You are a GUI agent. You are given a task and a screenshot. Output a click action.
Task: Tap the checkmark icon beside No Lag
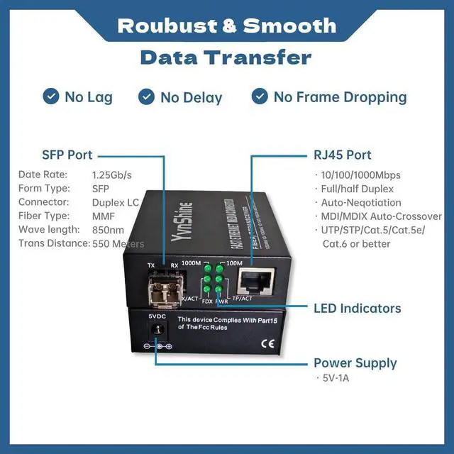pos(51,96)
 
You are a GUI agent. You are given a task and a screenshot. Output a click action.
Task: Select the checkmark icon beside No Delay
pos(147,96)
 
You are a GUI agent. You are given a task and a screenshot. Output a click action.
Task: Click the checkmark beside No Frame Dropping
pos(260,96)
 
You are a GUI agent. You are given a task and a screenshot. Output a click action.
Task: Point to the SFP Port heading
pos(67,155)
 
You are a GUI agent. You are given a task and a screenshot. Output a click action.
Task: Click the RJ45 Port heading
pos(343,155)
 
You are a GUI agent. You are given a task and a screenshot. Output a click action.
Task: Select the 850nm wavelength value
pos(109,230)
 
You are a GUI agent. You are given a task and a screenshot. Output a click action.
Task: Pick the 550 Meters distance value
pos(118,244)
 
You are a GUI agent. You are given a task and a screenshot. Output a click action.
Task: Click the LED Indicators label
pos(358,309)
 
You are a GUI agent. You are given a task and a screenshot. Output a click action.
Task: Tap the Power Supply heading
pos(355,363)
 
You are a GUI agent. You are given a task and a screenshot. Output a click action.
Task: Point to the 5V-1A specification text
pos(335,378)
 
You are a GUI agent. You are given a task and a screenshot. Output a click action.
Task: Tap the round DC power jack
pos(157,330)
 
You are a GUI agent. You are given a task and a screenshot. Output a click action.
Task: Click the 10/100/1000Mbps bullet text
pos(360,175)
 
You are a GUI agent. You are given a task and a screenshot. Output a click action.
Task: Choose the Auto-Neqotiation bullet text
pos(360,203)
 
